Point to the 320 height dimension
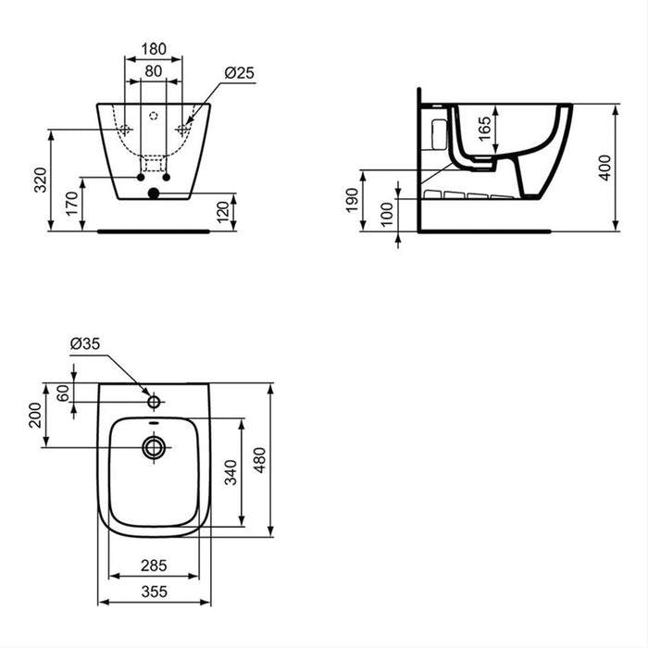(x=40, y=179)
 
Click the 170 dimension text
(x=71, y=204)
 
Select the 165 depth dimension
(x=485, y=129)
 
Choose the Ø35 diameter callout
(x=84, y=344)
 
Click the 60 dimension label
(x=62, y=392)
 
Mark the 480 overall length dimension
(x=260, y=459)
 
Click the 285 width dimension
(x=154, y=563)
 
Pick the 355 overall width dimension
(x=154, y=590)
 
